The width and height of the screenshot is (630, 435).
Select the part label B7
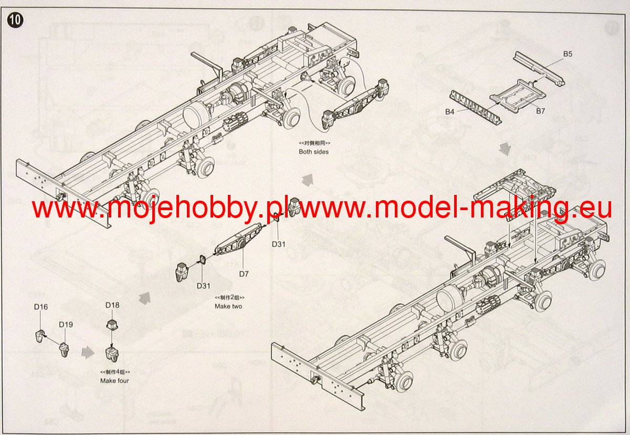541,111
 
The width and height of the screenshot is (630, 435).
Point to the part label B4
449,111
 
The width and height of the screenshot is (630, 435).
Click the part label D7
244,274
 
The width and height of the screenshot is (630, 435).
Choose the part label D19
66,324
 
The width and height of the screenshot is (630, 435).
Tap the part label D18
112,305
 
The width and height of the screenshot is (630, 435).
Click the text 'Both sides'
314,152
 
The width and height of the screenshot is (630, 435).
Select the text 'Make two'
228,306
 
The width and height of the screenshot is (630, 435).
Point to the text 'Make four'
114,380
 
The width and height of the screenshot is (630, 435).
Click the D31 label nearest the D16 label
204,286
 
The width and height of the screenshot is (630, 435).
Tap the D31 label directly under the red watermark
279,244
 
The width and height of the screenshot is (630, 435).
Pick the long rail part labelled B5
541,68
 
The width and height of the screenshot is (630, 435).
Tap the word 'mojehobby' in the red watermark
184,209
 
